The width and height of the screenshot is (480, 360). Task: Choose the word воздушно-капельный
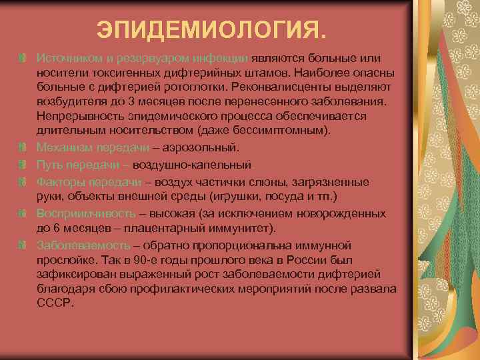(191, 164)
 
